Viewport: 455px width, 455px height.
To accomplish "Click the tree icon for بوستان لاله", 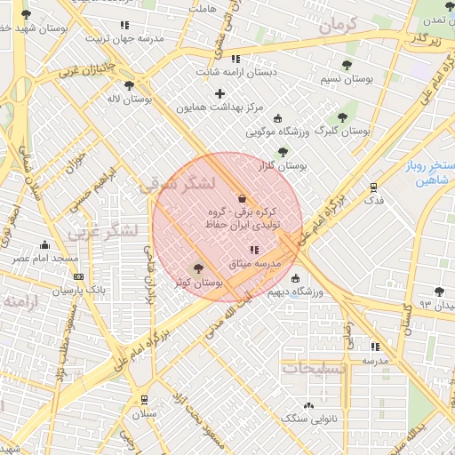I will tap(130, 85).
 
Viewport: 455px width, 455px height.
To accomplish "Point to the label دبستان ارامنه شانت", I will tap(235, 71).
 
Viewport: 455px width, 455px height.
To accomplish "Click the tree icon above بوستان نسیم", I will tap(346, 65).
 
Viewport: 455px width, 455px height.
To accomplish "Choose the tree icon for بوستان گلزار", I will tap(283, 152).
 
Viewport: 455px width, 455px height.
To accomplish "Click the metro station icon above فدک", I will tap(373, 188).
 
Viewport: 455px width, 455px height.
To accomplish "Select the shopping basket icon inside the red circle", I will tap(243, 197).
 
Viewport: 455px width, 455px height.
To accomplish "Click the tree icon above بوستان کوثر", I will tap(197, 268).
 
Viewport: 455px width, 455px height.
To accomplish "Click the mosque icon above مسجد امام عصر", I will tap(44, 244).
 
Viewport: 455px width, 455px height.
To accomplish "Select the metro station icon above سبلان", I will tap(144, 400).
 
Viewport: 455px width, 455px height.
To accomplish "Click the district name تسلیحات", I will tap(309, 366).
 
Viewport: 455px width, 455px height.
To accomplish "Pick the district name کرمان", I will tap(335, 25).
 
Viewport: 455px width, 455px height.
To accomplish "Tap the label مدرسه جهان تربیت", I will tap(124, 38).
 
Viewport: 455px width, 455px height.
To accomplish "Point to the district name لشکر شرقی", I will tap(178, 185).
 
